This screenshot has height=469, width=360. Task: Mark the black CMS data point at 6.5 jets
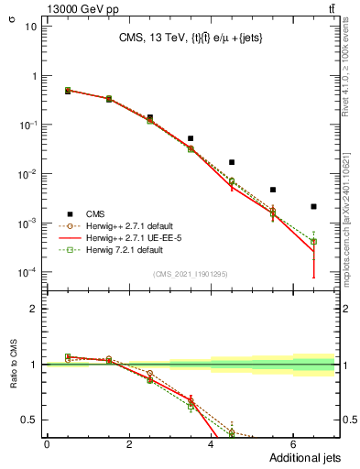pyautogui.click(x=313, y=206)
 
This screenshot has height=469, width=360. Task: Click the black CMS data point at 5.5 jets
pyautogui.click(x=273, y=190)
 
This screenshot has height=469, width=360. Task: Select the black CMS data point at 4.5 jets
pyautogui.click(x=232, y=162)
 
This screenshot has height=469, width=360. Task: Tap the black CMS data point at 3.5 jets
pyautogui.click(x=191, y=138)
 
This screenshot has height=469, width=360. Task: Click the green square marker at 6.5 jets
pyautogui.click(x=313, y=242)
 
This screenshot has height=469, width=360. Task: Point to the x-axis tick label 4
pyautogui.click(x=211, y=444)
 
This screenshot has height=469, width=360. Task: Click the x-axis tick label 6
pyautogui.click(x=292, y=444)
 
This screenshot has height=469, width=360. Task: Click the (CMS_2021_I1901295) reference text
pyautogui.click(x=190, y=273)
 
